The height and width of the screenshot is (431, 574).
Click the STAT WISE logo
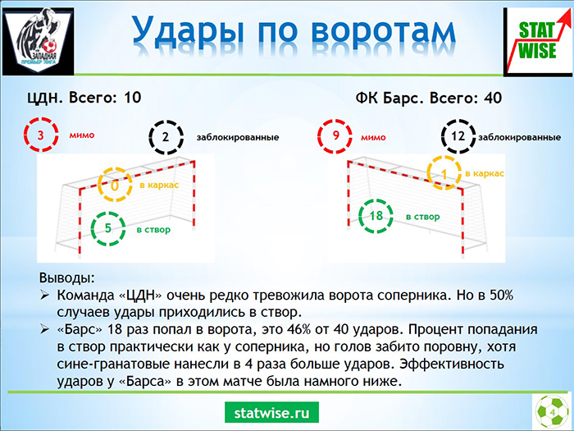[x=538, y=41]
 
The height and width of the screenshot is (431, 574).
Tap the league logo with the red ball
[x=39, y=41]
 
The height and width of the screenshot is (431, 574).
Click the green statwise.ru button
[x=271, y=413]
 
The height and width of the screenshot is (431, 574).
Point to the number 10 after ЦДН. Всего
[x=132, y=98]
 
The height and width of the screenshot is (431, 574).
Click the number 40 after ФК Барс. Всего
[x=493, y=98]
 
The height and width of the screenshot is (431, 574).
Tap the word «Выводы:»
[x=67, y=277]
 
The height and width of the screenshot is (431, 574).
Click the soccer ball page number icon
[x=552, y=411]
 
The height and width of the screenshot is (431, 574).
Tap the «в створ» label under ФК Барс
[x=423, y=217]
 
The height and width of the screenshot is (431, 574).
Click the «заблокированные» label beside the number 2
[x=238, y=137]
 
